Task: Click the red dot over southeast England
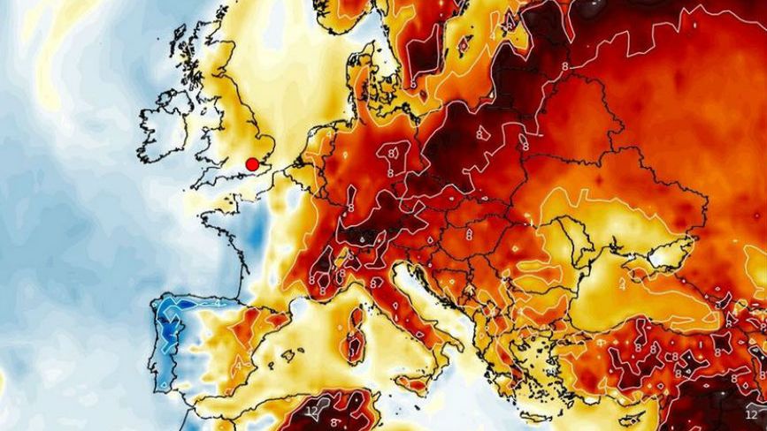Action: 252,163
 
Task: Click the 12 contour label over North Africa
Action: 311,411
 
